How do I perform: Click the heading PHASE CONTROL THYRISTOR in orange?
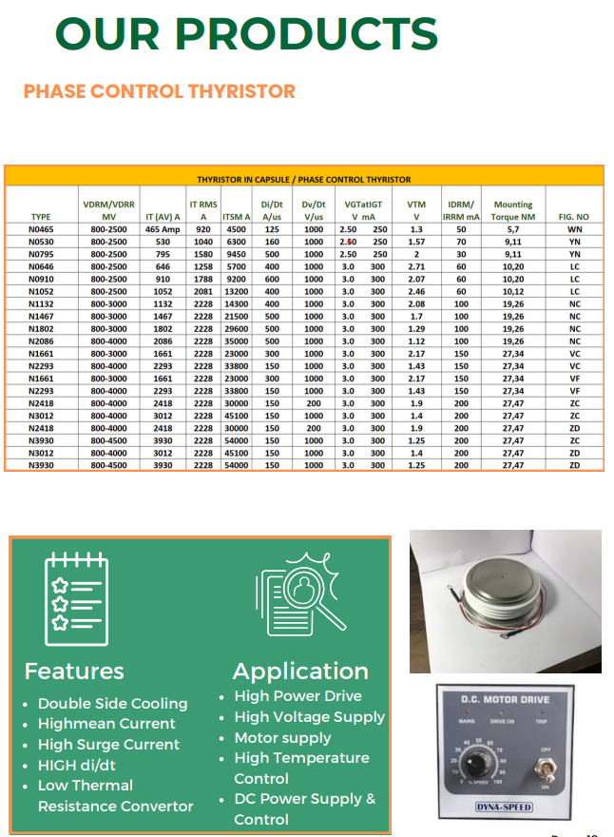[x=160, y=91]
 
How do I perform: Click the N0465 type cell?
[x=41, y=229]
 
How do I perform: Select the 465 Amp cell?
[x=163, y=229]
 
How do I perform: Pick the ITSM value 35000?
[x=236, y=341]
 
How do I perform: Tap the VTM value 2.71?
[x=416, y=266]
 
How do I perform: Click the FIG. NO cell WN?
[x=574, y=229]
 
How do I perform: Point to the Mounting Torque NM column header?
[x=513, y=210]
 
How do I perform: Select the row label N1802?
[x=41, y=328]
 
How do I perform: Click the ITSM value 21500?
[x=236, y=316]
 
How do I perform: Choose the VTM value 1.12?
[x=416, y=341]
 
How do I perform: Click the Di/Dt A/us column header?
[x=272, y=210]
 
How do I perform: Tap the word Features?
[x=74, y=671]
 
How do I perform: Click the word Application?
[x=300, y=671]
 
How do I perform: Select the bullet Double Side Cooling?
[x=112, y=704]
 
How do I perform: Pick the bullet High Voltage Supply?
[x=309, y=717]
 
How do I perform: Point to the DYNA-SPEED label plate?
[x=504, y=808]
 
